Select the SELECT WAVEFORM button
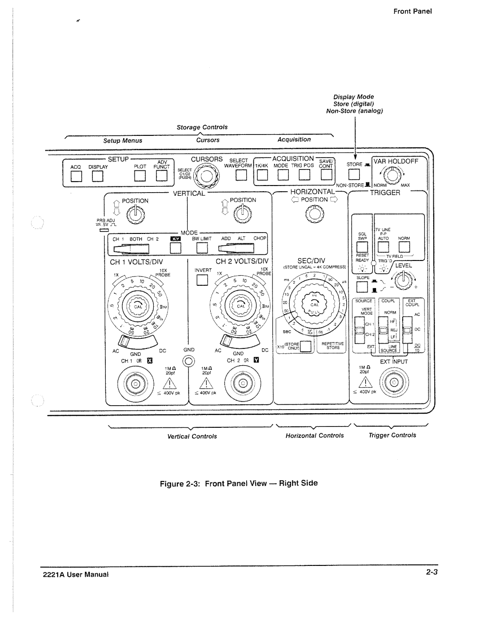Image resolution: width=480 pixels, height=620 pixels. (241, 176)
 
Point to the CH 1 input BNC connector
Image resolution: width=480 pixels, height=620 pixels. (133, 383)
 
